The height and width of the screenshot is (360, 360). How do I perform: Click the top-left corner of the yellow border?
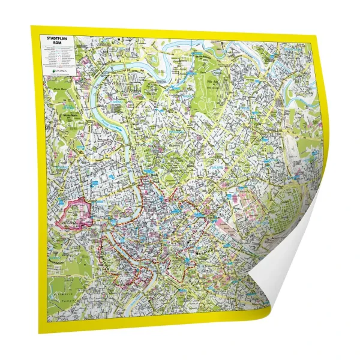[32, 28]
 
